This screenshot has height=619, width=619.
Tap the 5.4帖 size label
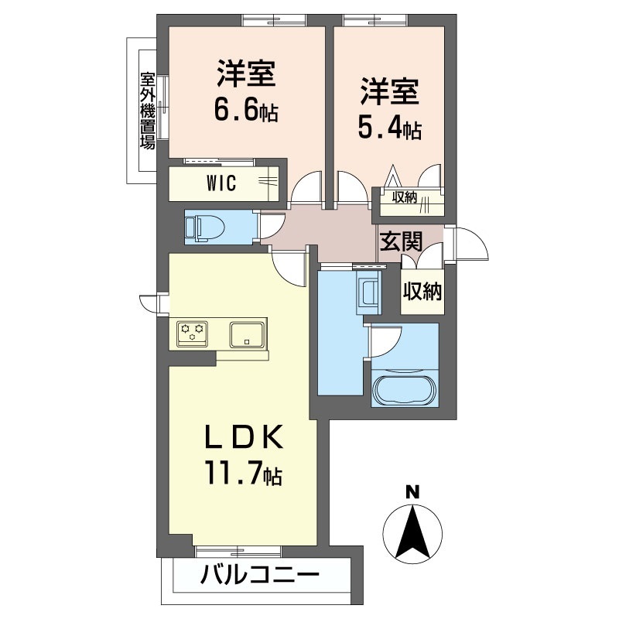[389, 128]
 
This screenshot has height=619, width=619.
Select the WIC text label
[221, 183]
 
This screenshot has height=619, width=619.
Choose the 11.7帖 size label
[242, 472]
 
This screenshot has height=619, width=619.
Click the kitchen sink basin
[247, 334]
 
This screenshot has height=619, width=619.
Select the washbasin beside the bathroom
[368, 293]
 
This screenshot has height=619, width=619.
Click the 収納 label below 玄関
[422, 292]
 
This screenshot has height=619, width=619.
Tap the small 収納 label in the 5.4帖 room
[404, 198]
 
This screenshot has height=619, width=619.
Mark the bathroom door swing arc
[387, 340]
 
